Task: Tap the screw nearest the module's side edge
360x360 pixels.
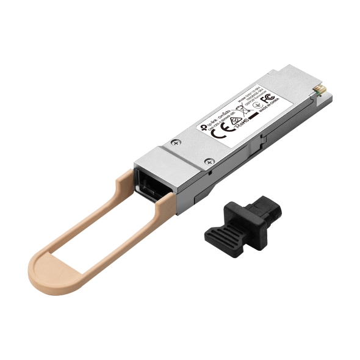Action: tap(209, 161)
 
